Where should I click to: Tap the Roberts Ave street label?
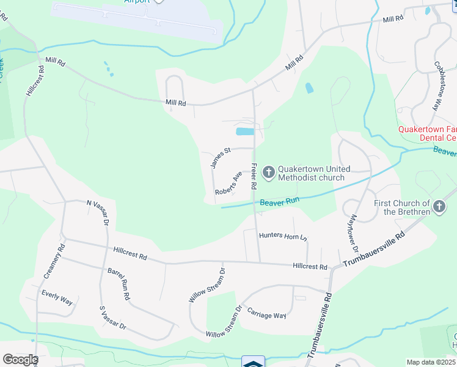click(x=228, y=183)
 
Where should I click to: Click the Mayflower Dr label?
click(x=351, y=228)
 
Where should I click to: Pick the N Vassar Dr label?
click(x=97, y=212)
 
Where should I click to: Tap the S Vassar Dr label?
click(x=112, y=318)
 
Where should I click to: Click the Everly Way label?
click(x=57, y=298)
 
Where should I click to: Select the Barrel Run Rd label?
click(x=119, y=283)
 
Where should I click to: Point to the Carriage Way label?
click(x=266, y=314)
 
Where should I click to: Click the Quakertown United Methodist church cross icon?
click(x=268, y=169)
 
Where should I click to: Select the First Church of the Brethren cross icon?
click(x=439, y=208)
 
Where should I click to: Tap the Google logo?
click(x=20, y=360)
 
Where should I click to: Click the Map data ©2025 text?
click(x=430, y=362)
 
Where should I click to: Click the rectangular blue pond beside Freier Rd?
click(x=244, y=132)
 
